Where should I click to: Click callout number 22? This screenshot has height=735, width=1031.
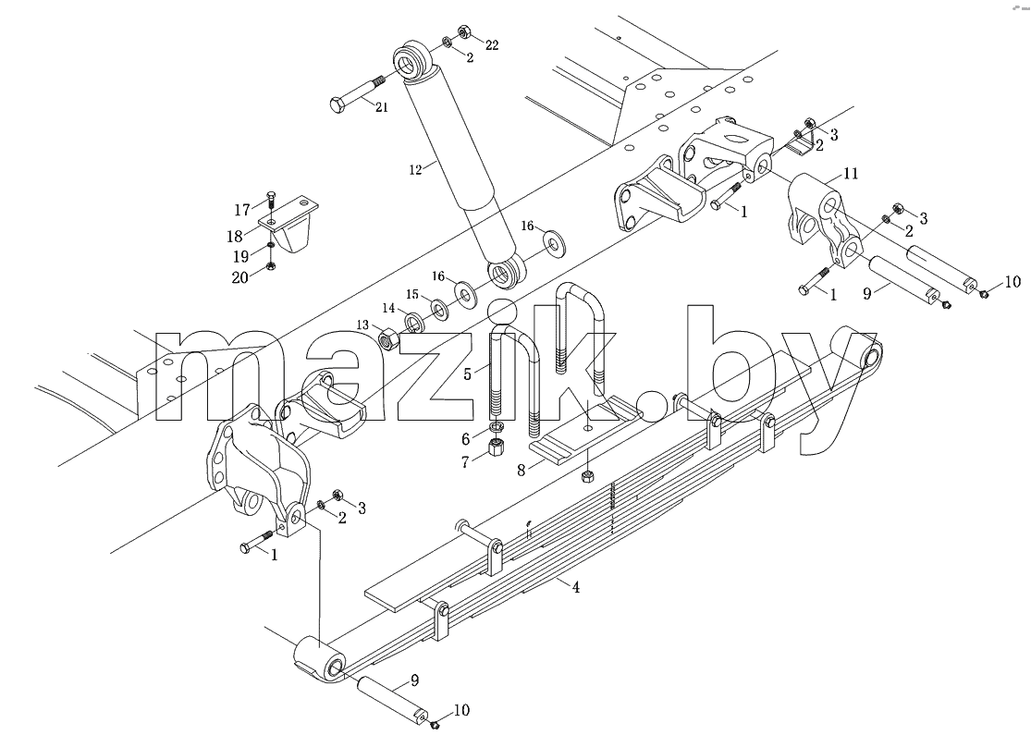pyautogui.click(x=492, y=44)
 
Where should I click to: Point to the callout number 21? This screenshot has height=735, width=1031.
pyautogui.click(x=381, y=107)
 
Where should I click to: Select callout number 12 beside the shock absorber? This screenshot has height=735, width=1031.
pyautogui.click(x=415, y=169)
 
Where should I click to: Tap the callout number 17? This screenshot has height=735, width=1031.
pyautogui.click(x=242, y=210)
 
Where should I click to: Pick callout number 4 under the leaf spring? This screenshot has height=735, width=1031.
pyautogui.click(x=576, y=587)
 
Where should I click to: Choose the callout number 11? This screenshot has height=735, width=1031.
pyautogui.click(x=851, y=174)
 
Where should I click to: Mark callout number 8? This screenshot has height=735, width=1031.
pyautogui.click(x=522, y=471)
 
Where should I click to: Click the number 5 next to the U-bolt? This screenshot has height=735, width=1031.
pyautogui.click(x=468, y=374)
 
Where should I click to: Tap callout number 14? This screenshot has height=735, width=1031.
pyautogui.click(x=389, y=308)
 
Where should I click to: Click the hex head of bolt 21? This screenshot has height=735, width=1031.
pyautogui.click(x=336, y=104)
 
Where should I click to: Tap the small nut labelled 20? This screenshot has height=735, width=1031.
pyautogui.click(x=270, y=266)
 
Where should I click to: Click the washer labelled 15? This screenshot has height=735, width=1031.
pyautogui.click(x=438, y=309)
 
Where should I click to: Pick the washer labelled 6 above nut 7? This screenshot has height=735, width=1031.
pyautogui.click(x=497, y=429)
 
